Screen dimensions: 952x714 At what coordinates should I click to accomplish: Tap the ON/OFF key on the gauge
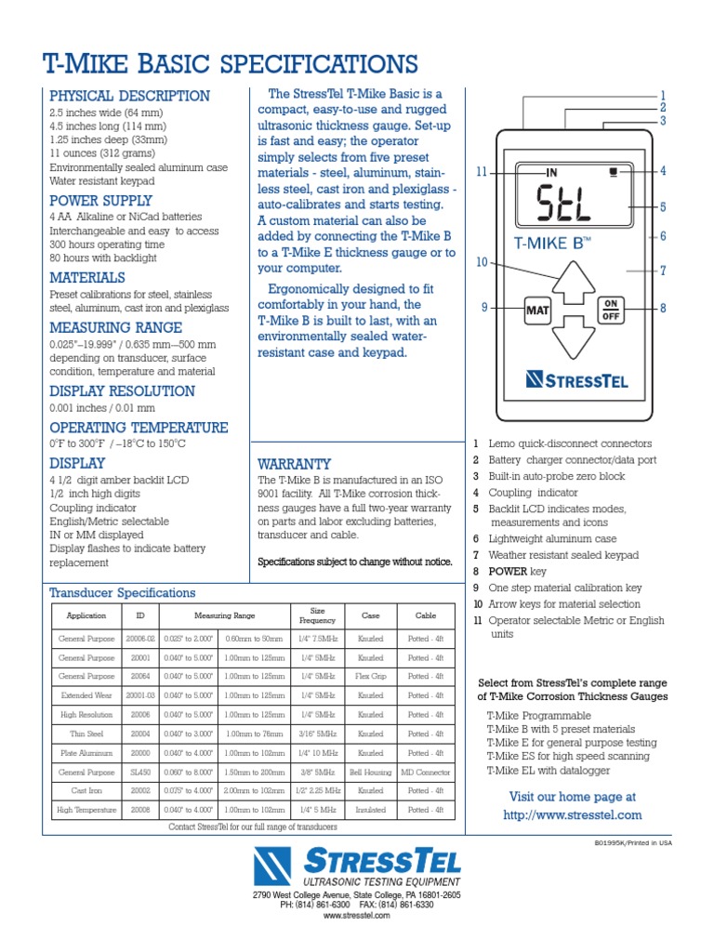[610, 310]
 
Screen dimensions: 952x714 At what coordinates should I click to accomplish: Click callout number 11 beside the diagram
[481, 172]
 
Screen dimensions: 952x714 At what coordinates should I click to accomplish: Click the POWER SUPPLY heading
[100, 201]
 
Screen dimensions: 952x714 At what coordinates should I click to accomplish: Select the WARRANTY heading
[294, 463]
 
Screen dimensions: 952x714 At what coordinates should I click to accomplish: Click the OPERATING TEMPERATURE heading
[139, 428]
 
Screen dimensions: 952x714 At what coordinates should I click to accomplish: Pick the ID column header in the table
[140, 615]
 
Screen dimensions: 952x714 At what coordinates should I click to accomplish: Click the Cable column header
[425, 615]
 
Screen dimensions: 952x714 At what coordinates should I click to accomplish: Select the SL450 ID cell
[140, 772]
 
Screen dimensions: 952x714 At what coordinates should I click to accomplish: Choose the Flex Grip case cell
[370, 676]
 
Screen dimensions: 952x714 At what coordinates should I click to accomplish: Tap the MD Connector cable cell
[425, 772]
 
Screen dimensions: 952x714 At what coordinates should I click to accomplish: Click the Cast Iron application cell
[86, 790]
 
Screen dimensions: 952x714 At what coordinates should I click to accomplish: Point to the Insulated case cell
[370, 810]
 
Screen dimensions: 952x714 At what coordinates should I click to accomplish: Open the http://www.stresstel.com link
[572, 815]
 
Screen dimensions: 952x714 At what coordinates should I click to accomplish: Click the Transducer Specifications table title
[123, 592]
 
